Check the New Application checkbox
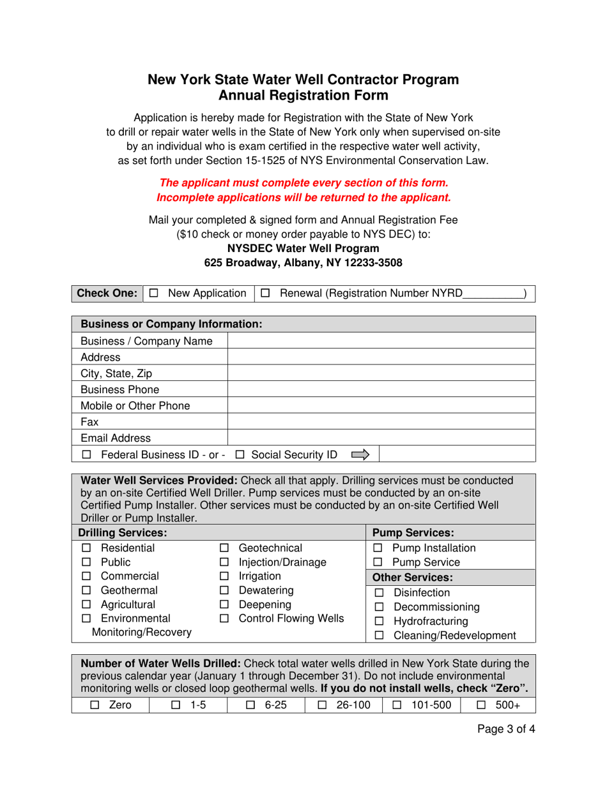point(153,294)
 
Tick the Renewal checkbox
point(266,294)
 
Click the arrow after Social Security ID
point(360,454)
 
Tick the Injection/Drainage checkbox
point(224,562)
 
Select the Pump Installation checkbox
point(378,548)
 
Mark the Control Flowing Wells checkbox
point(224,618)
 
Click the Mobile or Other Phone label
point(135,405)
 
